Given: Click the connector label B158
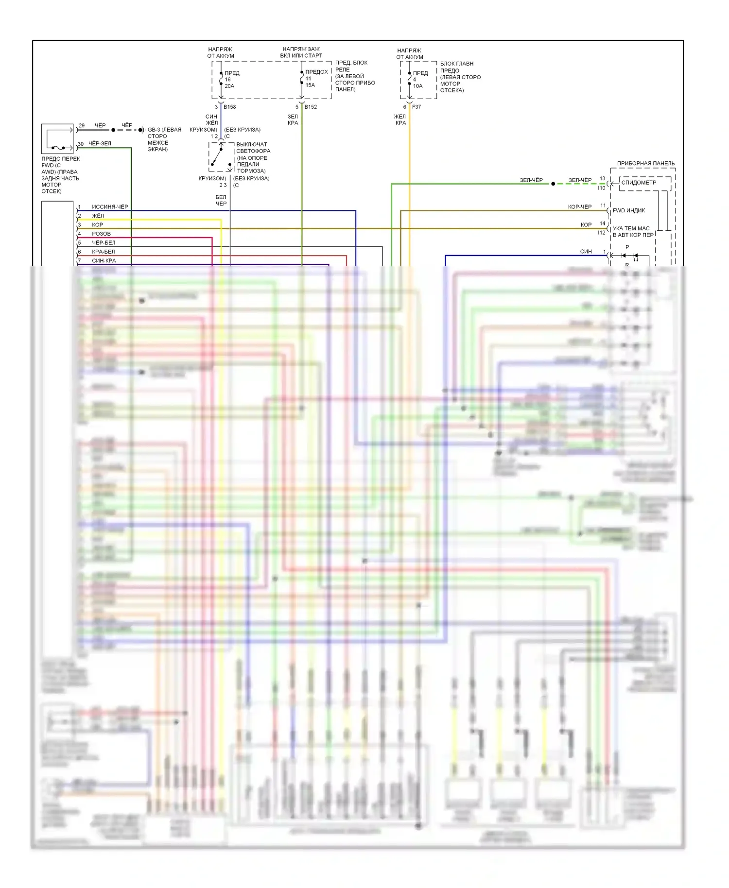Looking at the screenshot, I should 229,107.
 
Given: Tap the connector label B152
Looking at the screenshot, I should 311,107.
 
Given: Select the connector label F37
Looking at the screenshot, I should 417,107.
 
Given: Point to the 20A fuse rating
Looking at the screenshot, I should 229,86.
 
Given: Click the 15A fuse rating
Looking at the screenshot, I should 310,85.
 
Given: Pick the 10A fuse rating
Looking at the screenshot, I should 418,86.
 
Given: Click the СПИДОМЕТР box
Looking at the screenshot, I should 639,183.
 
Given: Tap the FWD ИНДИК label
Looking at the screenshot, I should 629,210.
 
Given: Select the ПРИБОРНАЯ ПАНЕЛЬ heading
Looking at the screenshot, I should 645,163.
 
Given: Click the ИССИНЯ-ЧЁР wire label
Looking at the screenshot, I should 110,207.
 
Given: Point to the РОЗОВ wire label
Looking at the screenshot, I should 101,234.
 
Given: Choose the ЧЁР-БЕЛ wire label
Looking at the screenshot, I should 104,242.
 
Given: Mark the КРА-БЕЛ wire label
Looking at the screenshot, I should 103,252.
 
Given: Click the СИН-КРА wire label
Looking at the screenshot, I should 104,260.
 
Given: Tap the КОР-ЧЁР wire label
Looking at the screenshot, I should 579,207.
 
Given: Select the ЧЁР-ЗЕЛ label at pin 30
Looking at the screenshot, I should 100,144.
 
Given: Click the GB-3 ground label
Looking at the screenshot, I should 164,130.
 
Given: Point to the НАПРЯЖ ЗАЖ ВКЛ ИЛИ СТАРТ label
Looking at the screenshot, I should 301,52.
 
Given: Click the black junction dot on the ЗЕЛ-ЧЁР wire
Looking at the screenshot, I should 553,184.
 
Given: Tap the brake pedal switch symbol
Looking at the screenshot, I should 221,157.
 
